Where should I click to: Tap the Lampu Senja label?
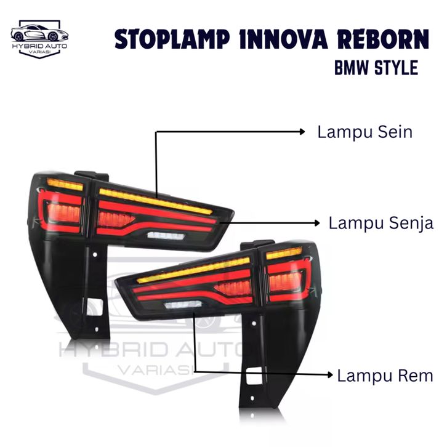pos(381,222)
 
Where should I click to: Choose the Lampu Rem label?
pos(384,375)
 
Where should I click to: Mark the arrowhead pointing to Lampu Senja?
pos(318,222)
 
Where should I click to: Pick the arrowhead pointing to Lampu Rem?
pos(331,374)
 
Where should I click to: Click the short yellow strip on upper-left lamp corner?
pos(65,184)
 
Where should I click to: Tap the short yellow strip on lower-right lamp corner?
pos(284,252)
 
